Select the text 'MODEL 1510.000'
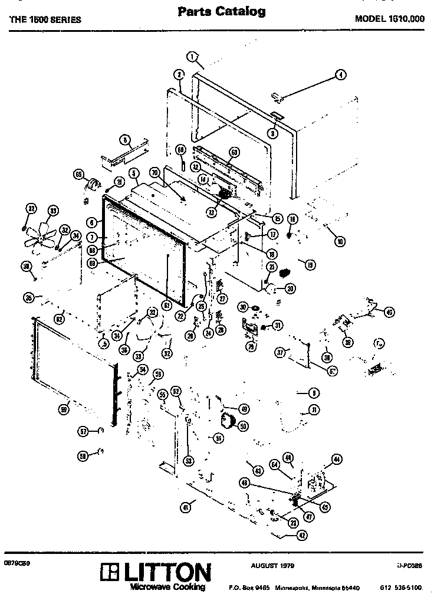pyautogui.click(x=389, y=18)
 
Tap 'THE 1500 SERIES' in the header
pyautogui.click(x=45, y=19)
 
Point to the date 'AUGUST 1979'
pyautogui.click(x=272, y=565)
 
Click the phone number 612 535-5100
pyautogui.click(x=401, y=588)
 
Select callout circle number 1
pyautogui.click(x=192, y=57)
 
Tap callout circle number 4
pyautogui.click(x=341, y=75)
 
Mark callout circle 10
pyautogui.click(x=340, y=241)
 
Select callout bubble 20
pyautogui.click(x=290, y=288)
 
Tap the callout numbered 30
pyautogui.click(x=242, y=307)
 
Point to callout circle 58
pyautogui.click(x=83, y=455)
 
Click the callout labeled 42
pyautogui.click(x=285, y=536)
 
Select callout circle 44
pyautogui.click(x=337, y=458)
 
